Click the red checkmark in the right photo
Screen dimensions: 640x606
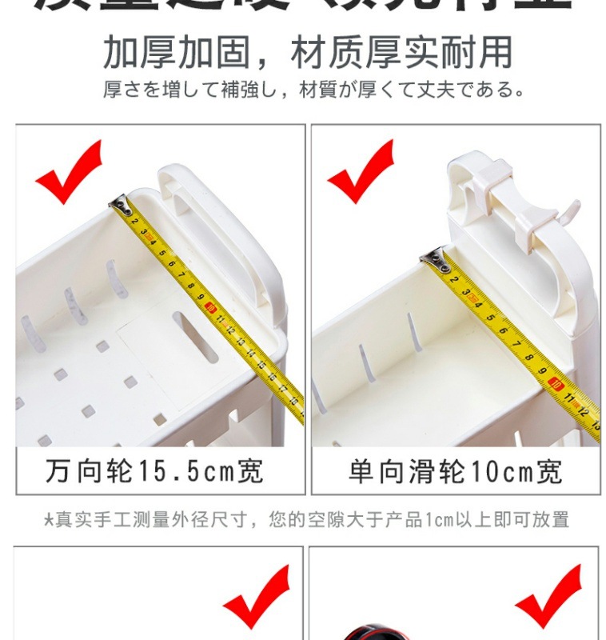coord(361,171)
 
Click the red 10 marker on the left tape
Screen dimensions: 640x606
coord(211,306)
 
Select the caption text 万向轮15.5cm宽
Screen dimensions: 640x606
coord(153,471)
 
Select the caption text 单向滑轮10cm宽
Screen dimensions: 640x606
coord(455,471)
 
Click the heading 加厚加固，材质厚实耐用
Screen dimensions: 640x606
coord(307,53)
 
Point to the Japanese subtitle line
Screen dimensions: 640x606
coord(314,89)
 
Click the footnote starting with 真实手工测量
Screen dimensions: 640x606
coord(307,520)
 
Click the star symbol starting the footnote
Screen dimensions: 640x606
coord(48,520)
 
